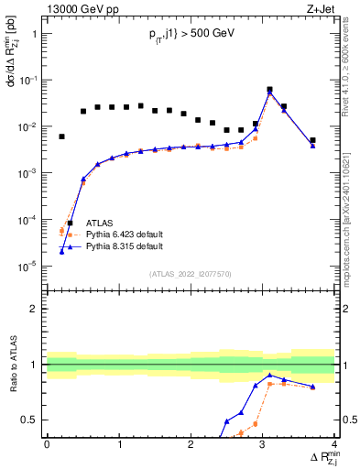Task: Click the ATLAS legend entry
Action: tap(100, 223)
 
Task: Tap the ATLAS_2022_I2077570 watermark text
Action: tap(191, 273)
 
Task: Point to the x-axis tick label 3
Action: tap(263, 444)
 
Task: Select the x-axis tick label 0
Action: tap(47, 444)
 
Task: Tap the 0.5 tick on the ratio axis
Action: tap(32, 420)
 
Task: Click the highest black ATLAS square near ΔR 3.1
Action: tap(269, 90)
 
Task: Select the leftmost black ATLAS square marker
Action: tap(61, 136)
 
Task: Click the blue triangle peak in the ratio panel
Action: tap(269, 376)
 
